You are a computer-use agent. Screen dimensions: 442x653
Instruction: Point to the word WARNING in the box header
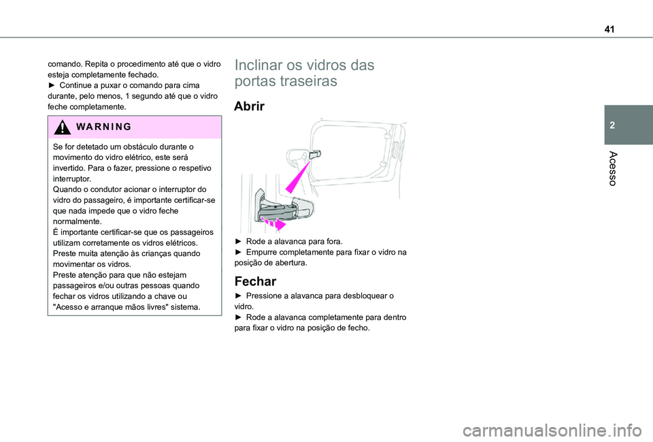tap(103, 127)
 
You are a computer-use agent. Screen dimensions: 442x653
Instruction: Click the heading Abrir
tap(254, 106)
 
